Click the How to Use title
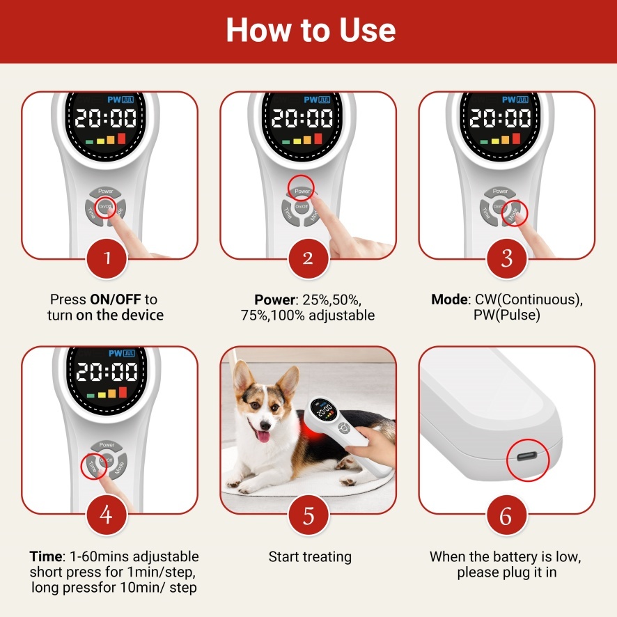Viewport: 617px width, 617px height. tap(311, 30)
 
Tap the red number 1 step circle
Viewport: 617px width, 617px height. tap(107, 258)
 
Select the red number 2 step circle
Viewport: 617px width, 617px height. tap(308, 258)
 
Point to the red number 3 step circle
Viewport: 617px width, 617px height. tap(506, 258)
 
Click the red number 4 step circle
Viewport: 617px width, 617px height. tap(107, 515)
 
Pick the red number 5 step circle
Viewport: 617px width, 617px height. tap(308, 515)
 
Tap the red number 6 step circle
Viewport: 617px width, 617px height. tap(506, 515)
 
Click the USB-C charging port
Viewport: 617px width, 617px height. tap(527, 457)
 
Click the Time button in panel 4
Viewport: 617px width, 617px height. tap(93, 467)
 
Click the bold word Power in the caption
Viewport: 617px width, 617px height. tap(274, 300)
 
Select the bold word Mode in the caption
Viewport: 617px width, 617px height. tap(449, 299)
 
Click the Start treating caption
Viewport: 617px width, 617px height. tap(310, 557)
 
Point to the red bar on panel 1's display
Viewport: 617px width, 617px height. tap(121, 138)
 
